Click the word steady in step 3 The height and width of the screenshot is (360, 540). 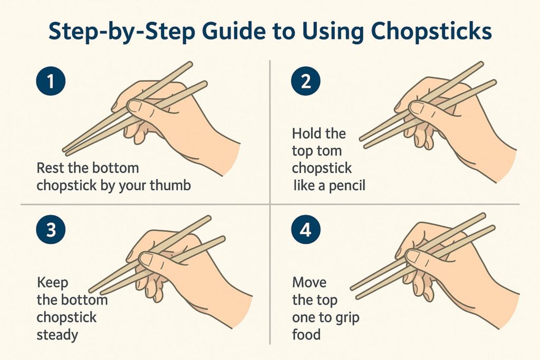pyautogui.click(x=57, y=335)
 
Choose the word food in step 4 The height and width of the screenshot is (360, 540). pyautogui.click(x=306, y=335)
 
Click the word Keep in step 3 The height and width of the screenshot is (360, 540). pyautogui.click(x=52, y=283)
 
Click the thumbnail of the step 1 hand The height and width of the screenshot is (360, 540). pyautogui.click(x=135, y=106)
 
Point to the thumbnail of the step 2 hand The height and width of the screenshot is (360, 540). pyautogui.click(x=417, y=108)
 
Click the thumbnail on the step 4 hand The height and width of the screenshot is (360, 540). pyautogui.click(x=414, y=257)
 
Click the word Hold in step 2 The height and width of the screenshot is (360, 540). pyautogui.click(x=305, y=133)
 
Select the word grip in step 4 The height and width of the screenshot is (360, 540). pyautogui.click(x=346, y=317)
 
